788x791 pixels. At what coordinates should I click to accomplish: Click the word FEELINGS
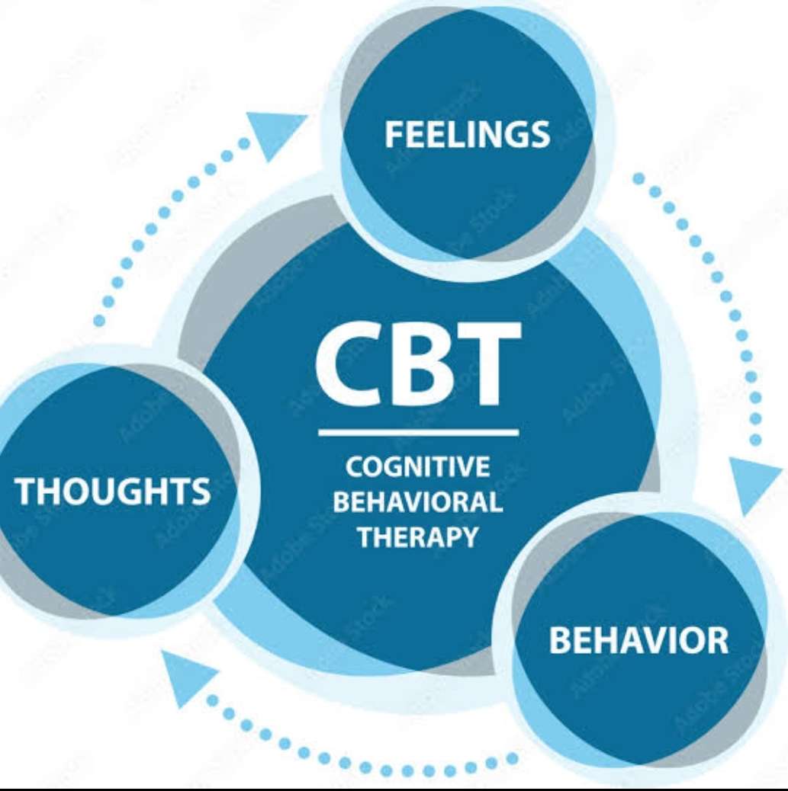pos(468,134)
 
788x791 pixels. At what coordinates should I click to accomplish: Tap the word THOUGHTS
pos(113,491)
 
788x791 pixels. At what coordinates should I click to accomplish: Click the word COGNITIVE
pos(418,466)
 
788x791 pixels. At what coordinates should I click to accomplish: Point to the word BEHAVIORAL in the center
pos(418,501)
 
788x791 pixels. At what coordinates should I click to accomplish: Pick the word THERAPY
pos(418,536)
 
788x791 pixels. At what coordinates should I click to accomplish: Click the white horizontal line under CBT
pos(418,432)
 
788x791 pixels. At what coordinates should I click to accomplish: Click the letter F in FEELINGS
pos(393,135)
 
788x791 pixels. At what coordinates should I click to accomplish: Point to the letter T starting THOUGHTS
pos(25,491)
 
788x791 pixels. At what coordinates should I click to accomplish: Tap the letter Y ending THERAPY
pos(468,536)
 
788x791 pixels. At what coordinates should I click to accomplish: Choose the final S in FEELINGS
pos(541,135)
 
